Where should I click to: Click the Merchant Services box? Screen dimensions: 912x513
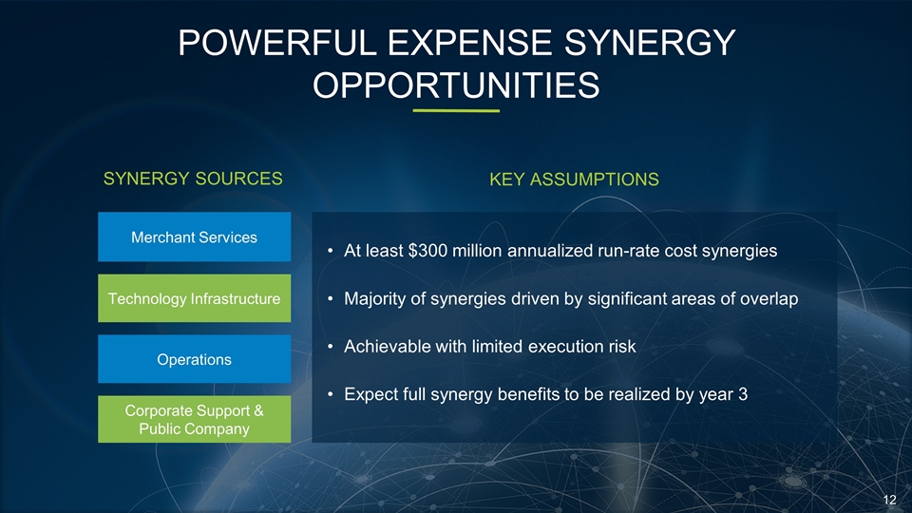pos(194,237)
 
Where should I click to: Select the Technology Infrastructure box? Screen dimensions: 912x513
pos(194,298)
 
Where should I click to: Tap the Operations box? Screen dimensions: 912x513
pos(194,359)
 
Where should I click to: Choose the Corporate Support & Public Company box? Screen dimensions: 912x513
pos(194,419)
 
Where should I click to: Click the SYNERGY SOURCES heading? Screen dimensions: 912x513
pos(193,179)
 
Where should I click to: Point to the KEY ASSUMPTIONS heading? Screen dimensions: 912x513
pos(574,180)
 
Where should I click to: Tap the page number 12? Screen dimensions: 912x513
pos(889,500)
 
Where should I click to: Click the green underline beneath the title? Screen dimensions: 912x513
pos(456,110)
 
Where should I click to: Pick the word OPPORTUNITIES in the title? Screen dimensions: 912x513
pos(456,85)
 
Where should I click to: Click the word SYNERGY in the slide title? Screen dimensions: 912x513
pos(650,43)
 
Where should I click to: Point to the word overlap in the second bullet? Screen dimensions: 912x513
pos(769,299)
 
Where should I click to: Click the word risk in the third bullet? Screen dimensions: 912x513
pos(621,347)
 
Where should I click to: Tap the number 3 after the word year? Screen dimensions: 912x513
pos(743,394)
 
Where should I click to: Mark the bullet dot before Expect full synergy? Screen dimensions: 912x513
pos(330,395)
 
